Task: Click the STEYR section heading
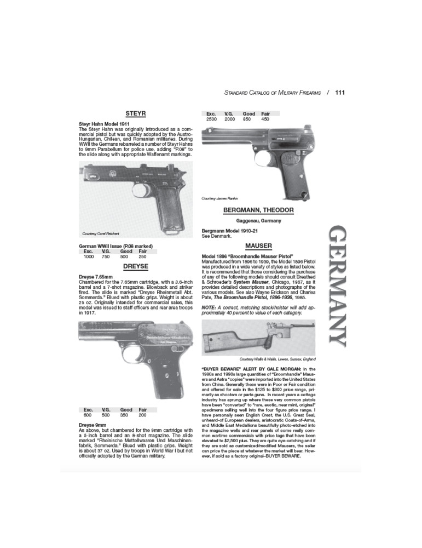[135, 113]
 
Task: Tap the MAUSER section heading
[259, 246]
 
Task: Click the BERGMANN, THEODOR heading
[259, 210]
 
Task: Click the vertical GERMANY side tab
[336, 285]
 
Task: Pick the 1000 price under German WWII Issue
[89, 256]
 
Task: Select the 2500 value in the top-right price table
[212, 119]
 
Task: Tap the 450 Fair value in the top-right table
[265, 119]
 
